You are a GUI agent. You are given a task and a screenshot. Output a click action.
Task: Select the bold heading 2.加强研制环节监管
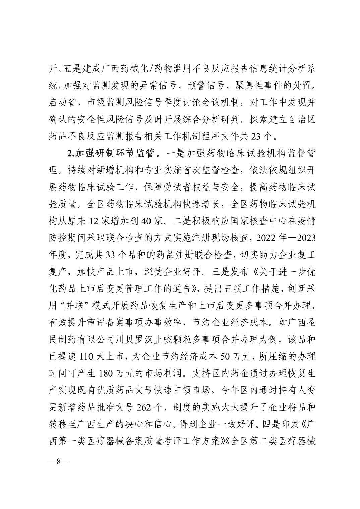(110, 153)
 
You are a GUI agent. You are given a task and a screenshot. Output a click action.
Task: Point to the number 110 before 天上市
(87, 356)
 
